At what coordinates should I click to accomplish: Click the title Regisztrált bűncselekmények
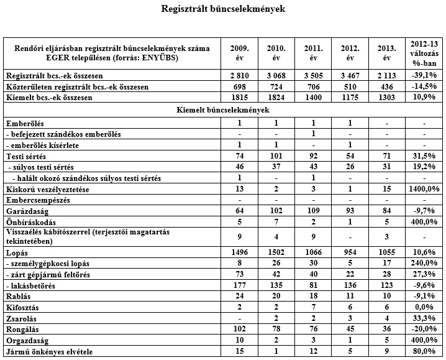[223, 10]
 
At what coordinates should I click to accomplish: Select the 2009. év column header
[239, 53]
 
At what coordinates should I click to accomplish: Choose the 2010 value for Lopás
[276, 254]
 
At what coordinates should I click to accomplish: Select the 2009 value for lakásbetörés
[239, 285]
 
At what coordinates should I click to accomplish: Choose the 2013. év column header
[386, 53]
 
